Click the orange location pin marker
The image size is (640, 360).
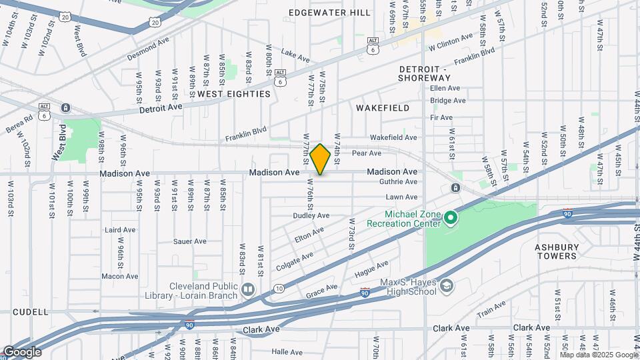click(x=320, y=159)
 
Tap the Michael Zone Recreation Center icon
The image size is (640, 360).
click(x=451, y=218)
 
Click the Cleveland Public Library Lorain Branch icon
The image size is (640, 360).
click(x=248, y=289)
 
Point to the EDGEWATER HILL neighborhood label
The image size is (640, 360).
click(x=321, y=13)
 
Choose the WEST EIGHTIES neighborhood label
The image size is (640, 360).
click(x=234, y=94)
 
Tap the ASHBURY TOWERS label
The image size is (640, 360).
click(x=556, y=251)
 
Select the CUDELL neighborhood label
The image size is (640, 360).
click(x=30, y=311)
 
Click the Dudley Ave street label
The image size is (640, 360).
click(x=311, y=215)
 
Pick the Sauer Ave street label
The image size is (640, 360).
click(x=191, y=241)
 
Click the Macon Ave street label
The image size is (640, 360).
click(x=120, y=276)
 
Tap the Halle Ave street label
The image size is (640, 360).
click(x=287, y=351)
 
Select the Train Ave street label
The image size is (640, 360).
click(x=491, y=309)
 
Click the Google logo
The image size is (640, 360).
click(x=21, y=352)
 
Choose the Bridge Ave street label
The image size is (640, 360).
click(x=447, y=101)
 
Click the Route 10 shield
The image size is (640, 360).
click(x=278, y=289)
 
